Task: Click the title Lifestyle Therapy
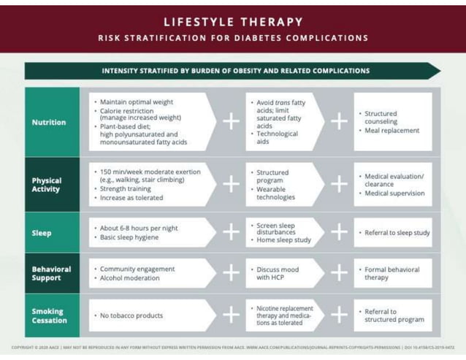tap(233, 22)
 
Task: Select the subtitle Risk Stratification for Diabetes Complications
tap(233, 38)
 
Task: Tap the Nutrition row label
tap(49, 123)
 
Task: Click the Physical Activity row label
tap(47, 185)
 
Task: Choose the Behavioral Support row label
tap(51, 273)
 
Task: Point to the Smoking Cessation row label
tap(49, 315)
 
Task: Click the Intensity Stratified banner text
tap(235, 71)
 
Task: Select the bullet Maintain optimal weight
tap(136, 102)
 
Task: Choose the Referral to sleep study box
tap(397, 233)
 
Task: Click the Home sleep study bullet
tap(283, 240)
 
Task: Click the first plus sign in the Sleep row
tap(231, 233)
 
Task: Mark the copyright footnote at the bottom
tap(233, 348)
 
